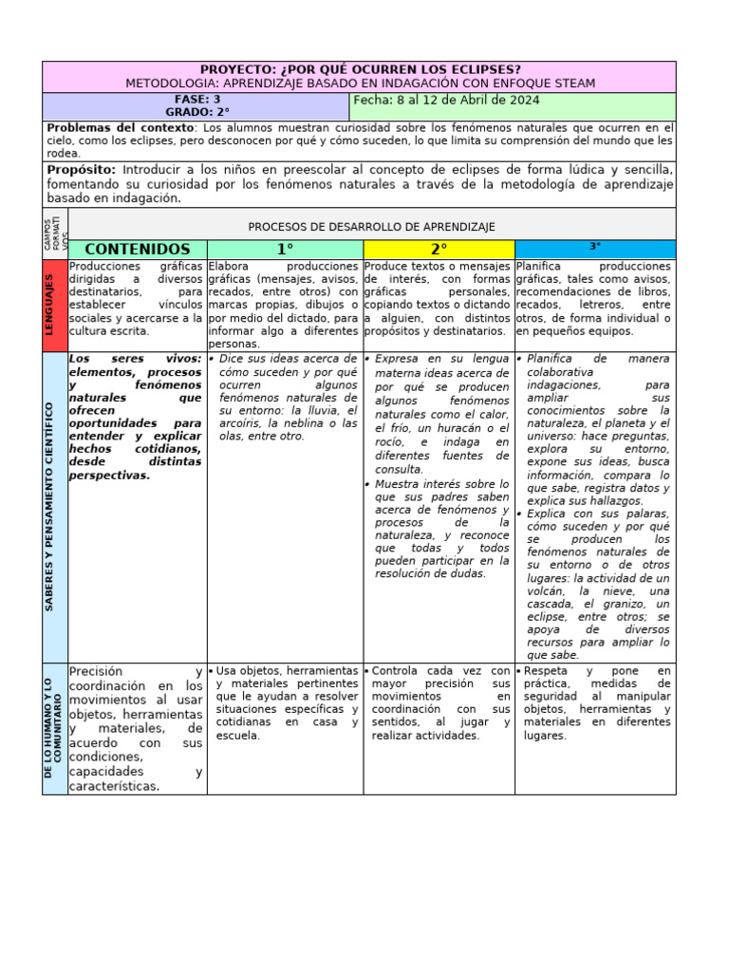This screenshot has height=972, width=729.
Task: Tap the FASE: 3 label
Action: [197, 99]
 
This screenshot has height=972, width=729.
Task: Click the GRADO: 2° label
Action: [197, 112]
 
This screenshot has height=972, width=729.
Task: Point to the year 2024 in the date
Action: [524, 100]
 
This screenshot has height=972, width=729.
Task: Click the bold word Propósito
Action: [81, 170]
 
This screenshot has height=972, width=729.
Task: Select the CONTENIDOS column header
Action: [138, 249]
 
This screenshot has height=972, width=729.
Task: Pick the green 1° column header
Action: [285, 249]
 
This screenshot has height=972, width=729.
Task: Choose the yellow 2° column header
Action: [439, 249]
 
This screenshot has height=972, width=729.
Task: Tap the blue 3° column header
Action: [595, 247]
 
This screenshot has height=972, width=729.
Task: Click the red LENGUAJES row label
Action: [54, 305]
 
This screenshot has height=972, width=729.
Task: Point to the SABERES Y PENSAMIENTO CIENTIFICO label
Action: [50, 507]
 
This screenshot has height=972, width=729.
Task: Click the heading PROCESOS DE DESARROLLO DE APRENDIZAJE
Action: [371, 227]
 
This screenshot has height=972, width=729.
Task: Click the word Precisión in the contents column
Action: [96, 671]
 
